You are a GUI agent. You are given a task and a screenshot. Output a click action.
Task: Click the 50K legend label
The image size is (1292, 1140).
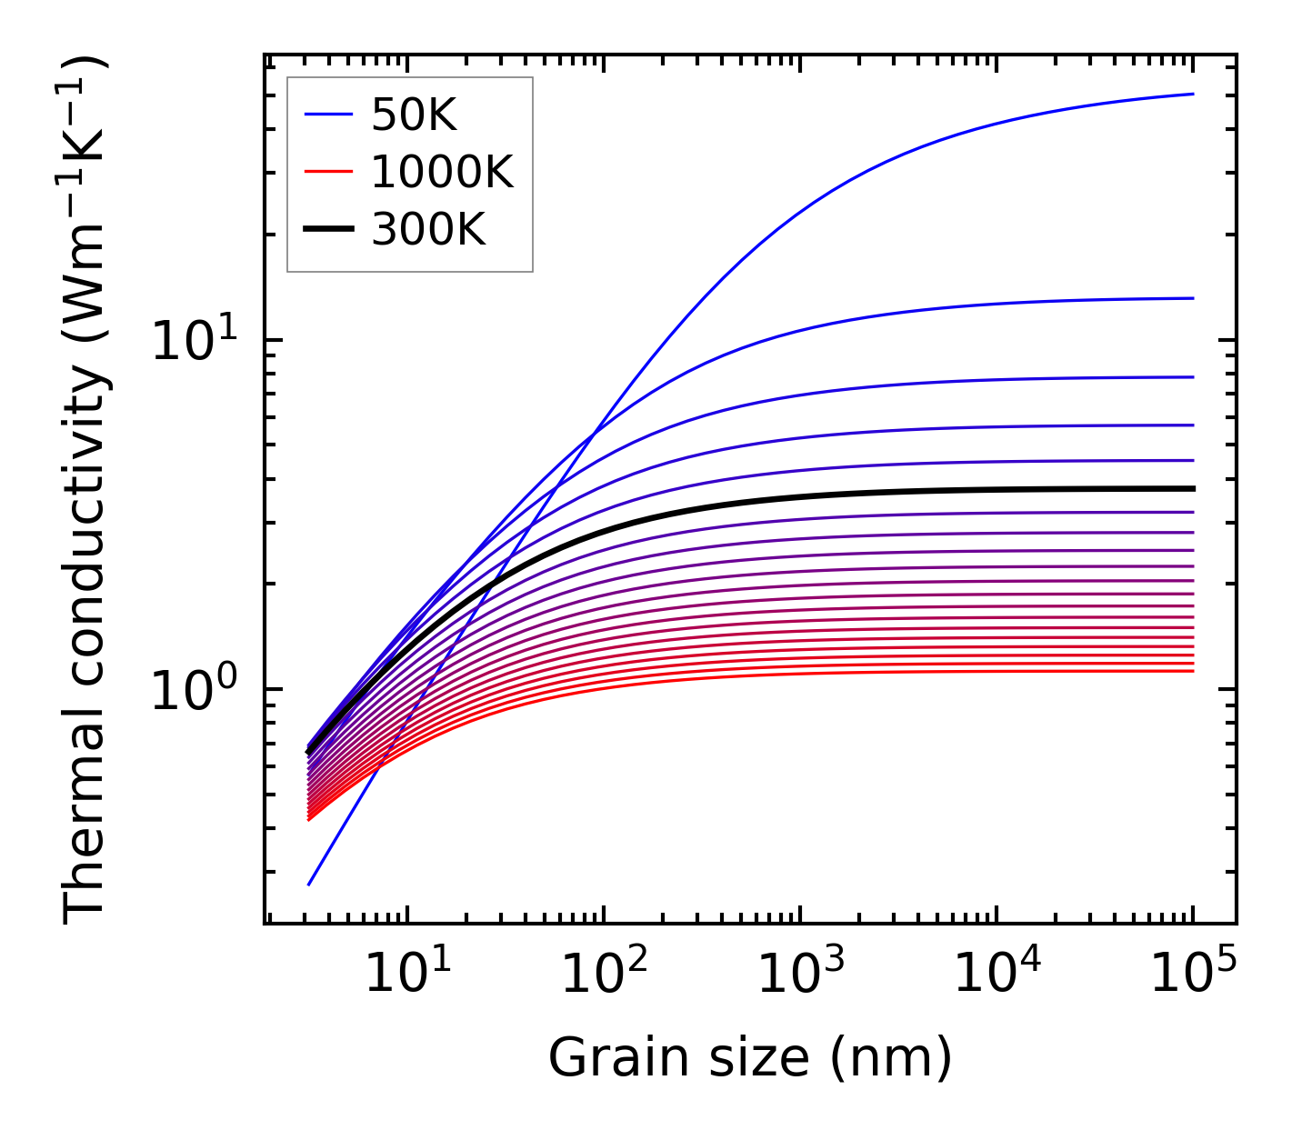click(414, 115)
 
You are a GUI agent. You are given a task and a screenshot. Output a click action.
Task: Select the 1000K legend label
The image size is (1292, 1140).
click(442, 172)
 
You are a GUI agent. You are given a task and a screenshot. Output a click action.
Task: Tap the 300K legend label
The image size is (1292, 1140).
click(428, 230)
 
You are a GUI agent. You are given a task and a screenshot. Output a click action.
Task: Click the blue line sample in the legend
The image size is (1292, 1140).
click(327, 115)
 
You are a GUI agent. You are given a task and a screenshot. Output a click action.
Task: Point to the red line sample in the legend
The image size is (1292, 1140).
click(327, 172)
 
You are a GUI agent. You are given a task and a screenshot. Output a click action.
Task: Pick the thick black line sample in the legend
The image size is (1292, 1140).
click(327, 230)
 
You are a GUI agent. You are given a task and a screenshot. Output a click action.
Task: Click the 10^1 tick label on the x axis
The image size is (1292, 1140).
click(406, 975)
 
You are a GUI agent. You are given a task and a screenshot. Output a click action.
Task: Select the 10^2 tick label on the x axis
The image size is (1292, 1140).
click(604, 975)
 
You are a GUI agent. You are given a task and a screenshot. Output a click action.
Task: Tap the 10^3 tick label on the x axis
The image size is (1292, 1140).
click(800, 975)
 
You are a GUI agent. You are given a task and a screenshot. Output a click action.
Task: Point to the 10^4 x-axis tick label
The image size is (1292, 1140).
click(997, 975)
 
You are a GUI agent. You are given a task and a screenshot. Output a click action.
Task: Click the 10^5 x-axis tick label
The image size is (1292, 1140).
click(1193, 975)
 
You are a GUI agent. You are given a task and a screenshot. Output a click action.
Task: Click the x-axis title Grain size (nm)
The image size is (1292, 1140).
click(750, 1058)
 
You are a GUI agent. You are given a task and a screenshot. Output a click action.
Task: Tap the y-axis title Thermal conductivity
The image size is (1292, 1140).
click(85, 489)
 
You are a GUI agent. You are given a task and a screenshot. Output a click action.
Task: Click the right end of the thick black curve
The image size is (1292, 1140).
click(1193, 488)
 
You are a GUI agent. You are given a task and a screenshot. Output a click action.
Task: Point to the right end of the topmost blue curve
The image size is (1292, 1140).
click(1193, 94)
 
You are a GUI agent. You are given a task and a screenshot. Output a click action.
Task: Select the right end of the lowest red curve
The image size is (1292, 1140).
click(1193, 671)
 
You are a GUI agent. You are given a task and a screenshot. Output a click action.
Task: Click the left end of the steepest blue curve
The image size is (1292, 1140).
click(309, 884)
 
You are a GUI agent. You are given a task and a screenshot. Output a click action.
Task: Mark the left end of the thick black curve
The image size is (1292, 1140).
click(309, 751)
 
